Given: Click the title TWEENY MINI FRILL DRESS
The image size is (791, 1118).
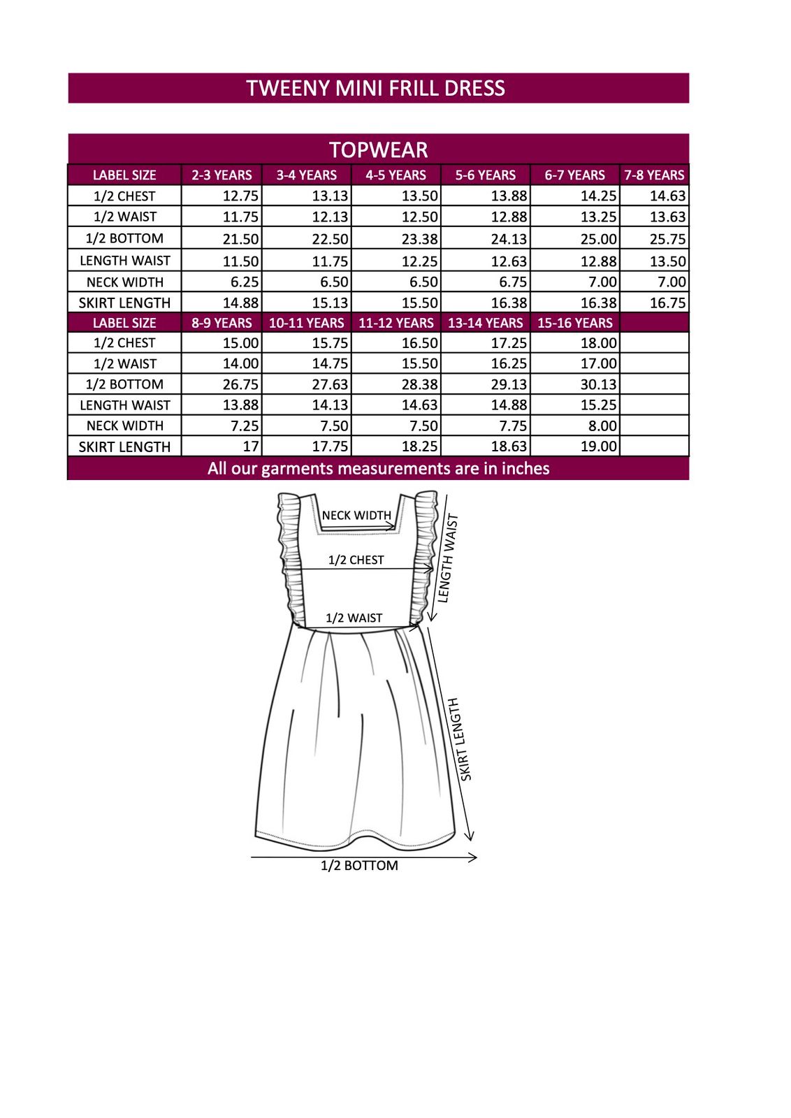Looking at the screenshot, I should point(375,89).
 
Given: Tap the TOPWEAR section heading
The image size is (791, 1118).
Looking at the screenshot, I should point(378,150).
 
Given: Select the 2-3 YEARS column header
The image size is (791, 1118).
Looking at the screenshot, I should point(222,175).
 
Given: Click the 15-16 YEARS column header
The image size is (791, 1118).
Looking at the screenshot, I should point(574,323).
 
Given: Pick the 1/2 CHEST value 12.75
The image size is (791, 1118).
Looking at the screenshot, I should point(240,196).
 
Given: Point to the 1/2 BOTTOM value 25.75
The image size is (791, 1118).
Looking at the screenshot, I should point(667,239).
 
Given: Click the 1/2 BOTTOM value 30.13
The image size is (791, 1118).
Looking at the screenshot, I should point(598,384).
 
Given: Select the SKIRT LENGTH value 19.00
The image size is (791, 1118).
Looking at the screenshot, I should point(598,447).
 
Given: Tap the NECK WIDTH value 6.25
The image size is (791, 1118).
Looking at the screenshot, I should point(245,282).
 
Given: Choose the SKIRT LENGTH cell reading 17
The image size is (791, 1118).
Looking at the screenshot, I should point(250,447).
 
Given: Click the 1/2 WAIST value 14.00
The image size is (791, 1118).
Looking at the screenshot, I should point(240,364).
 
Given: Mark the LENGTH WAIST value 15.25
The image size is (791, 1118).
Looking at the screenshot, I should point(598,405).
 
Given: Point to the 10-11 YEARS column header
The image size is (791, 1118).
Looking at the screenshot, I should point(306,323).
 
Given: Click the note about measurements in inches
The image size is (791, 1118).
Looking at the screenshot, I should point(378,468).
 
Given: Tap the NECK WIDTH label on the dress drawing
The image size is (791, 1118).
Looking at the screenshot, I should point(356,516).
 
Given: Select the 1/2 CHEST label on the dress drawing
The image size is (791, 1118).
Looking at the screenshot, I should point(356,560).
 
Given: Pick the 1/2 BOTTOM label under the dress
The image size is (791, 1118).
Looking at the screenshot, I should point(359,866).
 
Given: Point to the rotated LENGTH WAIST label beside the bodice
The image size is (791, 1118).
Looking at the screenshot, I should point(448,558).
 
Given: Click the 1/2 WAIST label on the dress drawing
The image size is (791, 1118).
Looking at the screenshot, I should point(354,618).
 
